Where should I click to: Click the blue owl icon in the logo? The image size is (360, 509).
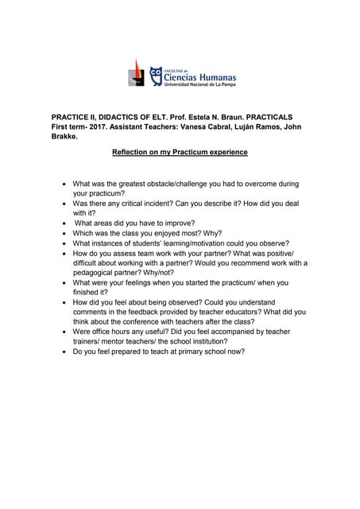click(156, 73)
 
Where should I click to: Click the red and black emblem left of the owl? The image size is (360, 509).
click(137, 72)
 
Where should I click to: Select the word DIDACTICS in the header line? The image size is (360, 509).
click(120, 115)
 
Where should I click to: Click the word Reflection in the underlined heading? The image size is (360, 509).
click(135, 152)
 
